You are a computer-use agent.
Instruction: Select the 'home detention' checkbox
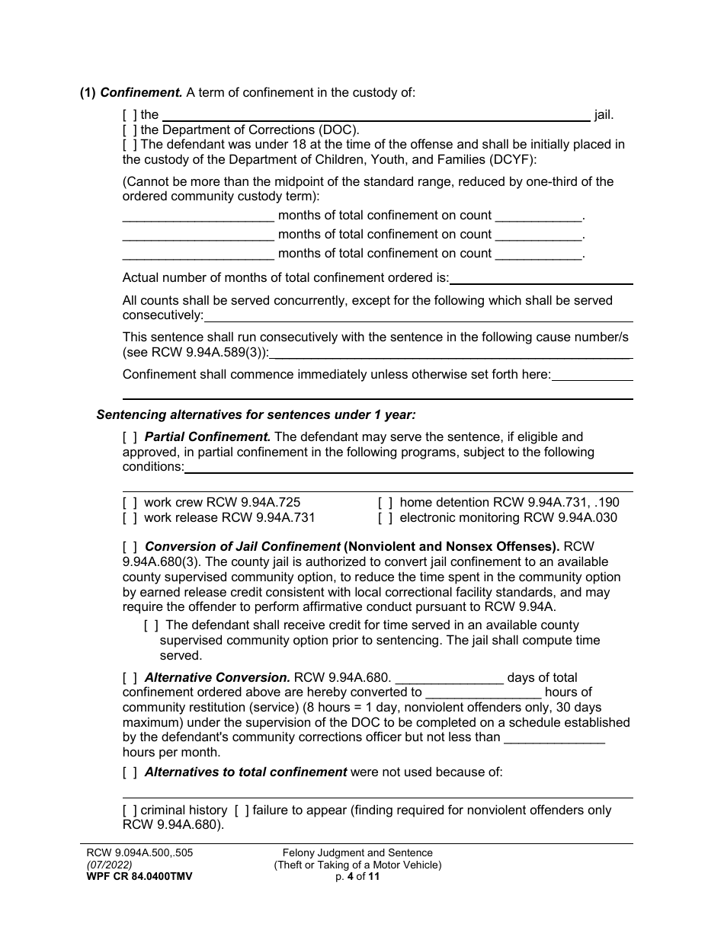tap(386, 503)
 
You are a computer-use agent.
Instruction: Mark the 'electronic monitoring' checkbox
tap(386, 518)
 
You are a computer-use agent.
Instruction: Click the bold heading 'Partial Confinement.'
tap(207, 437)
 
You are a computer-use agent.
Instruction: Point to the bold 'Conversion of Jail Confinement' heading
tap(242, 547)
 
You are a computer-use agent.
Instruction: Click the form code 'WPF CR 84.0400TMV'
tap(139, 877)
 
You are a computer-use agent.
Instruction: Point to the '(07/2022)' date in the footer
tap(109, 865)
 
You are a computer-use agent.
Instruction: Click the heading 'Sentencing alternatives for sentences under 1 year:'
tap(256, 415)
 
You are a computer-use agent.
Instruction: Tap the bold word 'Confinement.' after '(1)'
tap(141, 93)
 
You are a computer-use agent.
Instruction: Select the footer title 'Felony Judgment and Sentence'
tap(357, 853)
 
